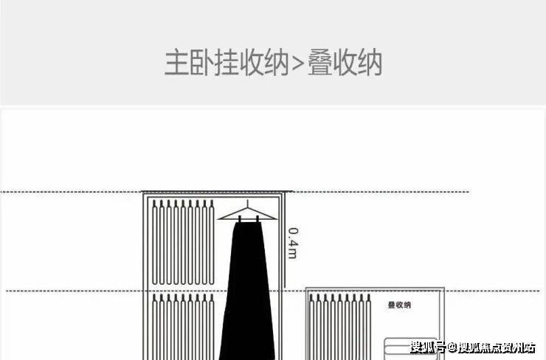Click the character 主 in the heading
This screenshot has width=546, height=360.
(x=176, y=63)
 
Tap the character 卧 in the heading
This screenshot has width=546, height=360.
(x=201, y=63)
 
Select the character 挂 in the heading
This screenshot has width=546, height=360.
(x=226, y=63)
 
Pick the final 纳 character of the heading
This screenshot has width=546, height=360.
(x=370, y=63)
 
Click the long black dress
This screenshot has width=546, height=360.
(x=246, y=295)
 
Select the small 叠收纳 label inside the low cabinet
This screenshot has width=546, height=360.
(x=399, y=305)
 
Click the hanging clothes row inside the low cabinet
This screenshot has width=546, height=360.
(x=337, y=325)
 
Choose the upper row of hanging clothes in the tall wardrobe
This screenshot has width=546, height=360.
(x=182, y=243)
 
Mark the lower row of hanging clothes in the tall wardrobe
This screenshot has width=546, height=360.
(x=182, y=325)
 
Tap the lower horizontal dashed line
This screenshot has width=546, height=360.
(x=74, y=291)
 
